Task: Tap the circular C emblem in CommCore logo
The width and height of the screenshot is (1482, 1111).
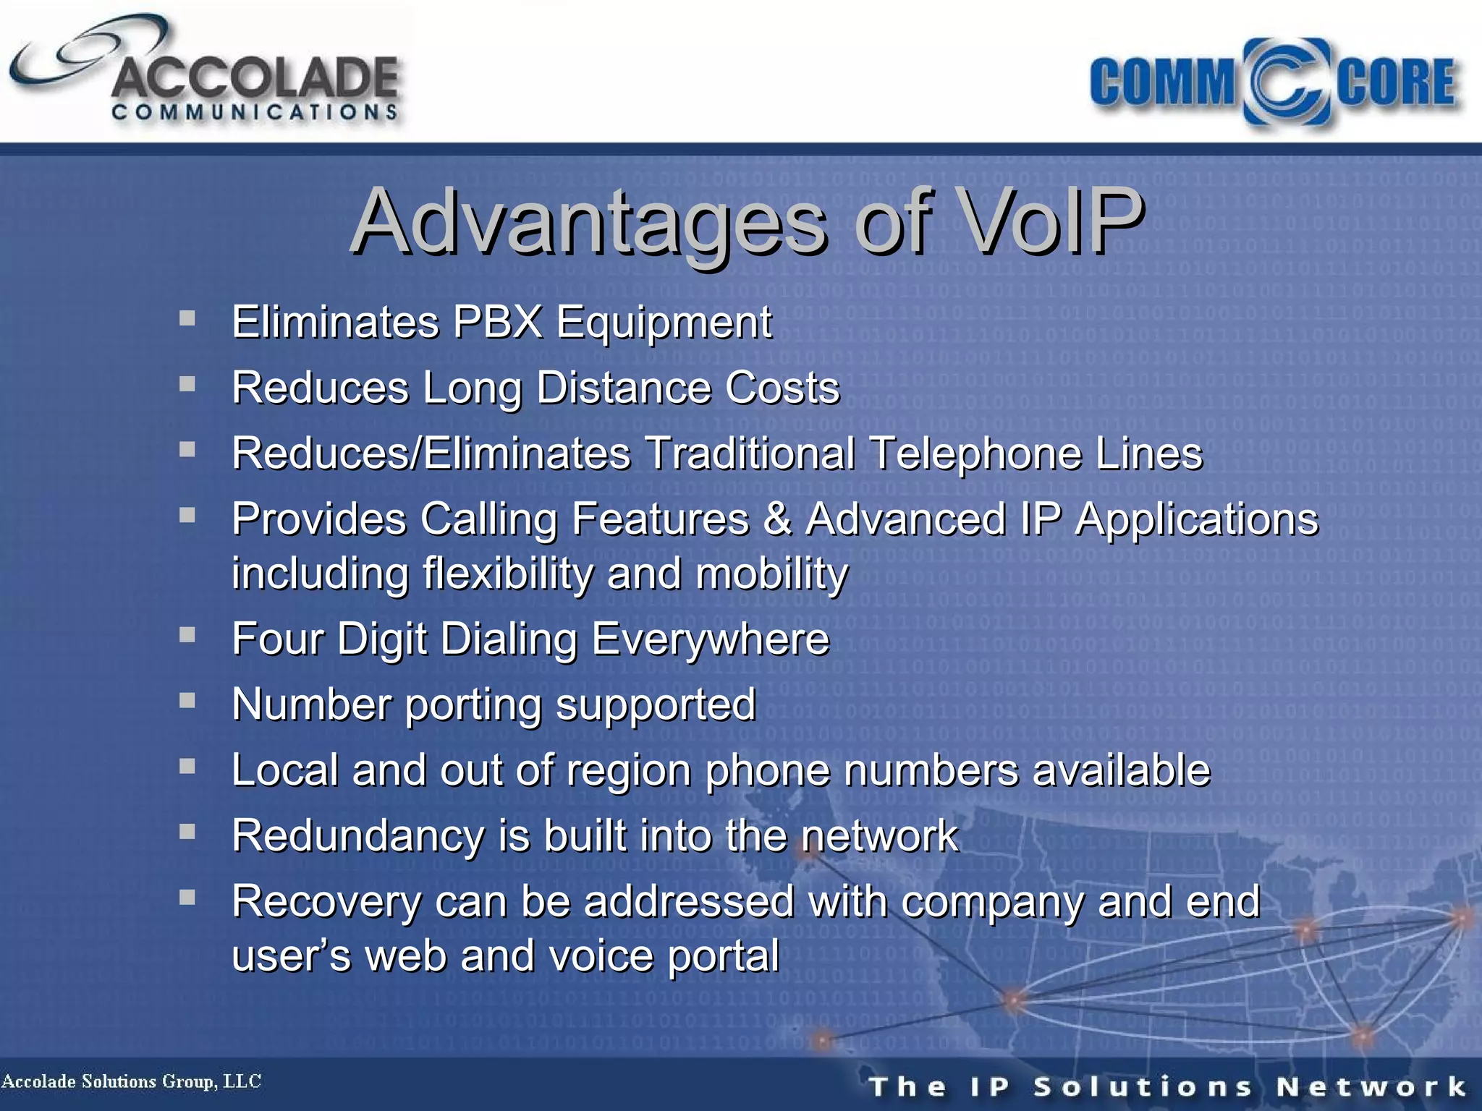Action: (x=1286, y=82)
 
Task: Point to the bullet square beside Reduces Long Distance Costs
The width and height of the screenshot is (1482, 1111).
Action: (x=187, y=384)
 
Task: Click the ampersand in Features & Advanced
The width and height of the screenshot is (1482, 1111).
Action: (x=776, y=519)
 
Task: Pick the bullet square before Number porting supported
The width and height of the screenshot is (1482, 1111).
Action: (x=187, y=700)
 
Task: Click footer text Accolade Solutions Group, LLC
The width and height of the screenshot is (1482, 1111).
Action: (x=131, y=1081)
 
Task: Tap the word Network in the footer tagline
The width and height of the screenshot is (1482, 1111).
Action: (x=1371, y=1086)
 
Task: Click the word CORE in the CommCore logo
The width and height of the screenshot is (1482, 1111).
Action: (x=1395, y=82)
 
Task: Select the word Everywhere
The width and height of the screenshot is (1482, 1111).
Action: (x=710, y=639)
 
